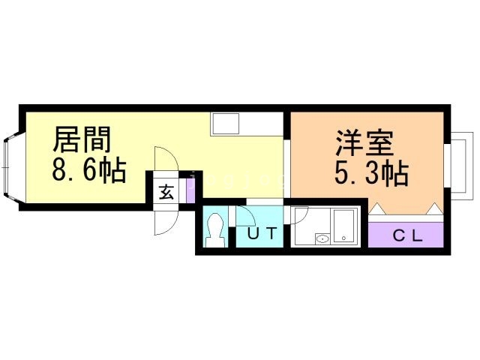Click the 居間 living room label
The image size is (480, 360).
(82, 140)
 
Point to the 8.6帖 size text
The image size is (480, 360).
(88, 171)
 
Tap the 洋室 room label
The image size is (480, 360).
(365, 142)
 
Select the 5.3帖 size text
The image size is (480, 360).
(370, 175)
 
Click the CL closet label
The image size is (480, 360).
(409, 234)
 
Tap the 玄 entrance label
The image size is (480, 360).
(166, 191)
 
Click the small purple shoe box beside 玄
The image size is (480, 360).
(190, 189)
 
